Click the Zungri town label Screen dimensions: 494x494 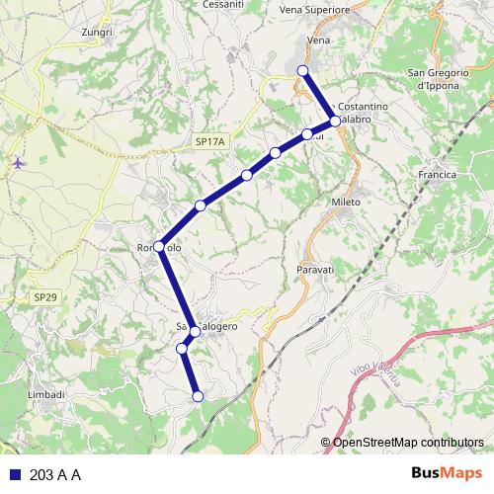98,32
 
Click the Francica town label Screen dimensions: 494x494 438,175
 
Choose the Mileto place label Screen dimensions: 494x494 346,200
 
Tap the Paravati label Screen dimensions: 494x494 317,269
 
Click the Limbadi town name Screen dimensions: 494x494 46,394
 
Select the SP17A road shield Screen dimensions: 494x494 210,143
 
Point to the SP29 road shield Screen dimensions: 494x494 45,296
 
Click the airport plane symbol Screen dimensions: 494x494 20,162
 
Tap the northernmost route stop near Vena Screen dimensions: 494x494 303,70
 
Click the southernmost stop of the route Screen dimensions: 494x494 198,396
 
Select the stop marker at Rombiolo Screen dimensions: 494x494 159,248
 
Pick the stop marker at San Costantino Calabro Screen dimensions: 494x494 336,121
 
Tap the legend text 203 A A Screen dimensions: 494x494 55,474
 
